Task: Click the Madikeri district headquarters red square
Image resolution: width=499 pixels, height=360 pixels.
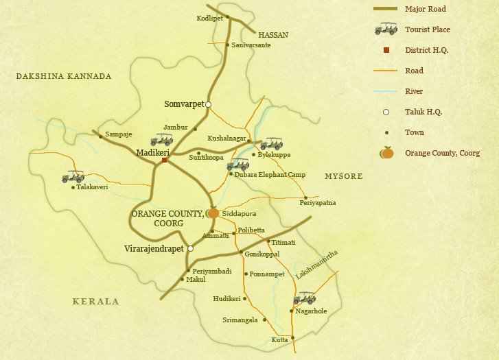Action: click(x=165, y=160)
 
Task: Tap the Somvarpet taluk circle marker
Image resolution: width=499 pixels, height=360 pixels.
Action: click(x=208, y=105)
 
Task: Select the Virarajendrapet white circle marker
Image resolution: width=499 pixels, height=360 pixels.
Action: click(x=190, y=249)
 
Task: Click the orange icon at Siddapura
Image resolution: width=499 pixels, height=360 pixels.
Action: click(x=213, y=213)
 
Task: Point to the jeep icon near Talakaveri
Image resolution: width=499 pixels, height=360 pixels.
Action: click(x=73, y=177)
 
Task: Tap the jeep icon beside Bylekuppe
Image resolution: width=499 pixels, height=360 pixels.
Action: click(x=271, y=143)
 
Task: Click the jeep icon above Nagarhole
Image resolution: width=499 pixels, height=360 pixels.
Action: click(x=304, y=298)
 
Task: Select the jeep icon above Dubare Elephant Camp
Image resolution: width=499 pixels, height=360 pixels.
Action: click(x=237, y=164)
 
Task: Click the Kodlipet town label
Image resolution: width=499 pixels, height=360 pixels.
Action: click(x=210, y=18)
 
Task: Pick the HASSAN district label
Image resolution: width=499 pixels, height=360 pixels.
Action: click(x=273, y=34)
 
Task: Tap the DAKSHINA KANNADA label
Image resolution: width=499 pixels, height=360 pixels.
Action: click(x=63, y=76)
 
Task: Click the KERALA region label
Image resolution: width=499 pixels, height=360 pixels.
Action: click(x=96, y=301)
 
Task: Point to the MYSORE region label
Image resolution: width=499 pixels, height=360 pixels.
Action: click(x=343, y=176)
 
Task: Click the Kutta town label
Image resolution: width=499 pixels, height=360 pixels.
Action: click(x=279, y=340)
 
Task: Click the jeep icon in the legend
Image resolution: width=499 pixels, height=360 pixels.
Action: click(x=386, y=29)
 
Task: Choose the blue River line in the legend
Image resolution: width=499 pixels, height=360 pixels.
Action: click(x=386, y=91)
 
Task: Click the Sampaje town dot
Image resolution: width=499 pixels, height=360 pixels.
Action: click(x=101, y=136)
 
